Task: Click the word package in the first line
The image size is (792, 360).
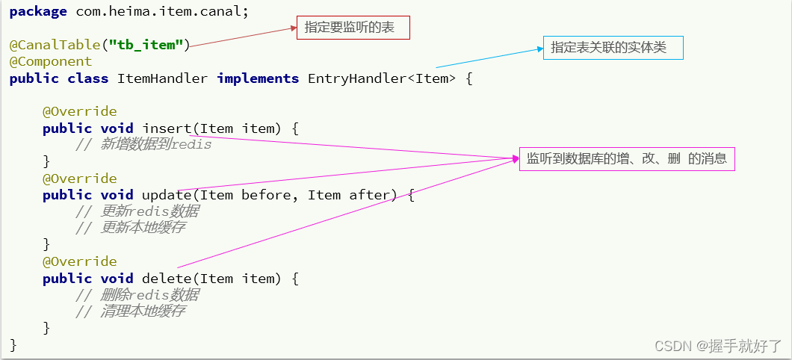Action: (x=38, y=12)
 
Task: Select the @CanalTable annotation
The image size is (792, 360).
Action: (x=55, y=46)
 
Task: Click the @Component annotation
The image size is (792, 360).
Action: (x=51, y=61)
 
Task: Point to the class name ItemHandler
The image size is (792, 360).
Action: (x=163, y=78)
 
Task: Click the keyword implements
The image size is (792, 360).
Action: (x=258, y=78)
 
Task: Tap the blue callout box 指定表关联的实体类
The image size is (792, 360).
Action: (x=613, y=48)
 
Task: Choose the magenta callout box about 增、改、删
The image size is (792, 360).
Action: (x=627, y=158)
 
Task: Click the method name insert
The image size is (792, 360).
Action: (x=167, y=128)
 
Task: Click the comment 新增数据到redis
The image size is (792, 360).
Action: (x=143, y=145)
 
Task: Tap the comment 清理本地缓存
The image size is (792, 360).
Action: (x=130, y=311)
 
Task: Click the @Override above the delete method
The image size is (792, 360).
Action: (x=80, y=261)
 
